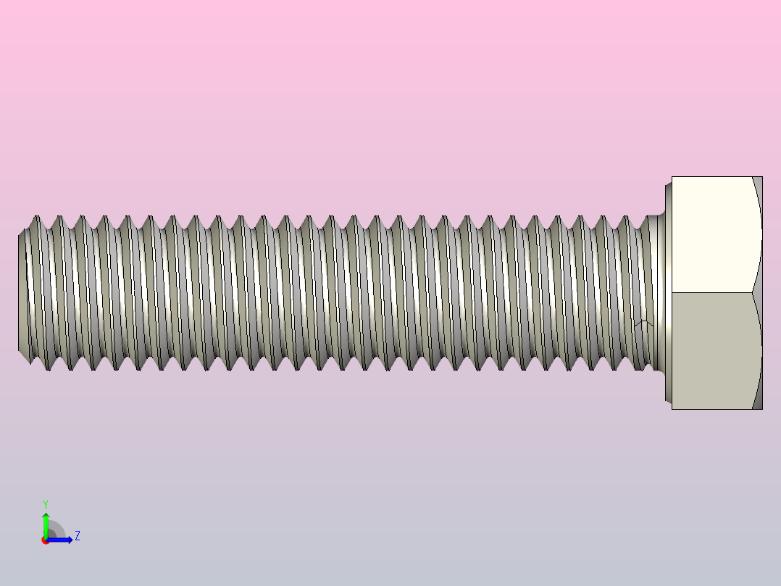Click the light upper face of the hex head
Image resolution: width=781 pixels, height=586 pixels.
[x=714, y=234]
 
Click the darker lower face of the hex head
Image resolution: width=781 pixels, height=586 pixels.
[x=714, y=351]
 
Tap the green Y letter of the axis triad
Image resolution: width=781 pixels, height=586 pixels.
[x=46, y=503]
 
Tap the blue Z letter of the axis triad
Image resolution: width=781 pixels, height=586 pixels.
[x=78, y=536]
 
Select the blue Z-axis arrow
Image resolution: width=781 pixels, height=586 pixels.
[x=62, y=540]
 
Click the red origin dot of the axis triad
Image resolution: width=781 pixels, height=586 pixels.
[x=45, y=540]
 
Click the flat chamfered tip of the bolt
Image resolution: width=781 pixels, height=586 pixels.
[x=21, y=292]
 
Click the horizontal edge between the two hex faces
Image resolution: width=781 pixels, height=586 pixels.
[x=714, y=292]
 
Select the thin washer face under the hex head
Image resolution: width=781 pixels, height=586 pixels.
[x=668, y=292]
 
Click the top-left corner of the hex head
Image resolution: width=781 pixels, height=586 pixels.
[x=672, y=177]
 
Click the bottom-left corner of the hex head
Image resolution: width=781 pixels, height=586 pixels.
[x=672, y=409]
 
